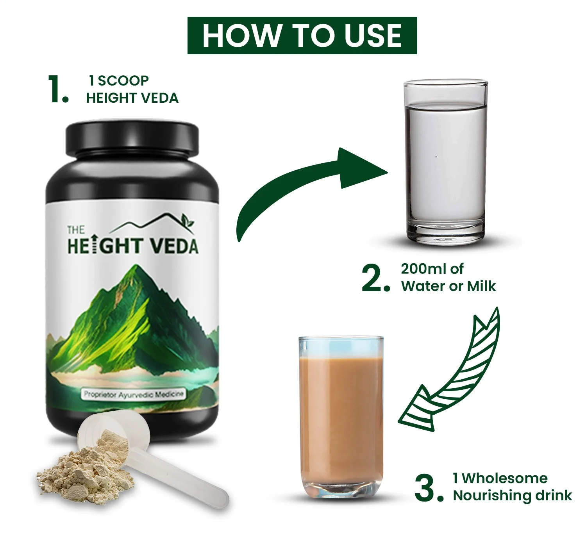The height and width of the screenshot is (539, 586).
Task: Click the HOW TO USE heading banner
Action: tap(302, 36)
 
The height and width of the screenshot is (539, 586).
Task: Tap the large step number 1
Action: tap(59, 89)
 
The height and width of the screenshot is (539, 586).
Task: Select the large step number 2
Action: tap(376, 278)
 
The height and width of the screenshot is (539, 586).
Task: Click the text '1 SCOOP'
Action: tap(119, 80)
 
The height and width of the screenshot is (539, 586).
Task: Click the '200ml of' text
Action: tap(432, 269)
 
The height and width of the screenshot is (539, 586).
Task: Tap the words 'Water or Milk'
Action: tap(448, 286)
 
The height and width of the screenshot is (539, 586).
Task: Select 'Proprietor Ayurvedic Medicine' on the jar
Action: tap(134, 395)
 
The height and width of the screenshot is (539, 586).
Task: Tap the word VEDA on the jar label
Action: tap(174, 246)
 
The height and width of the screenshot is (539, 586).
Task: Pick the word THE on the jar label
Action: tap(76, 230)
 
